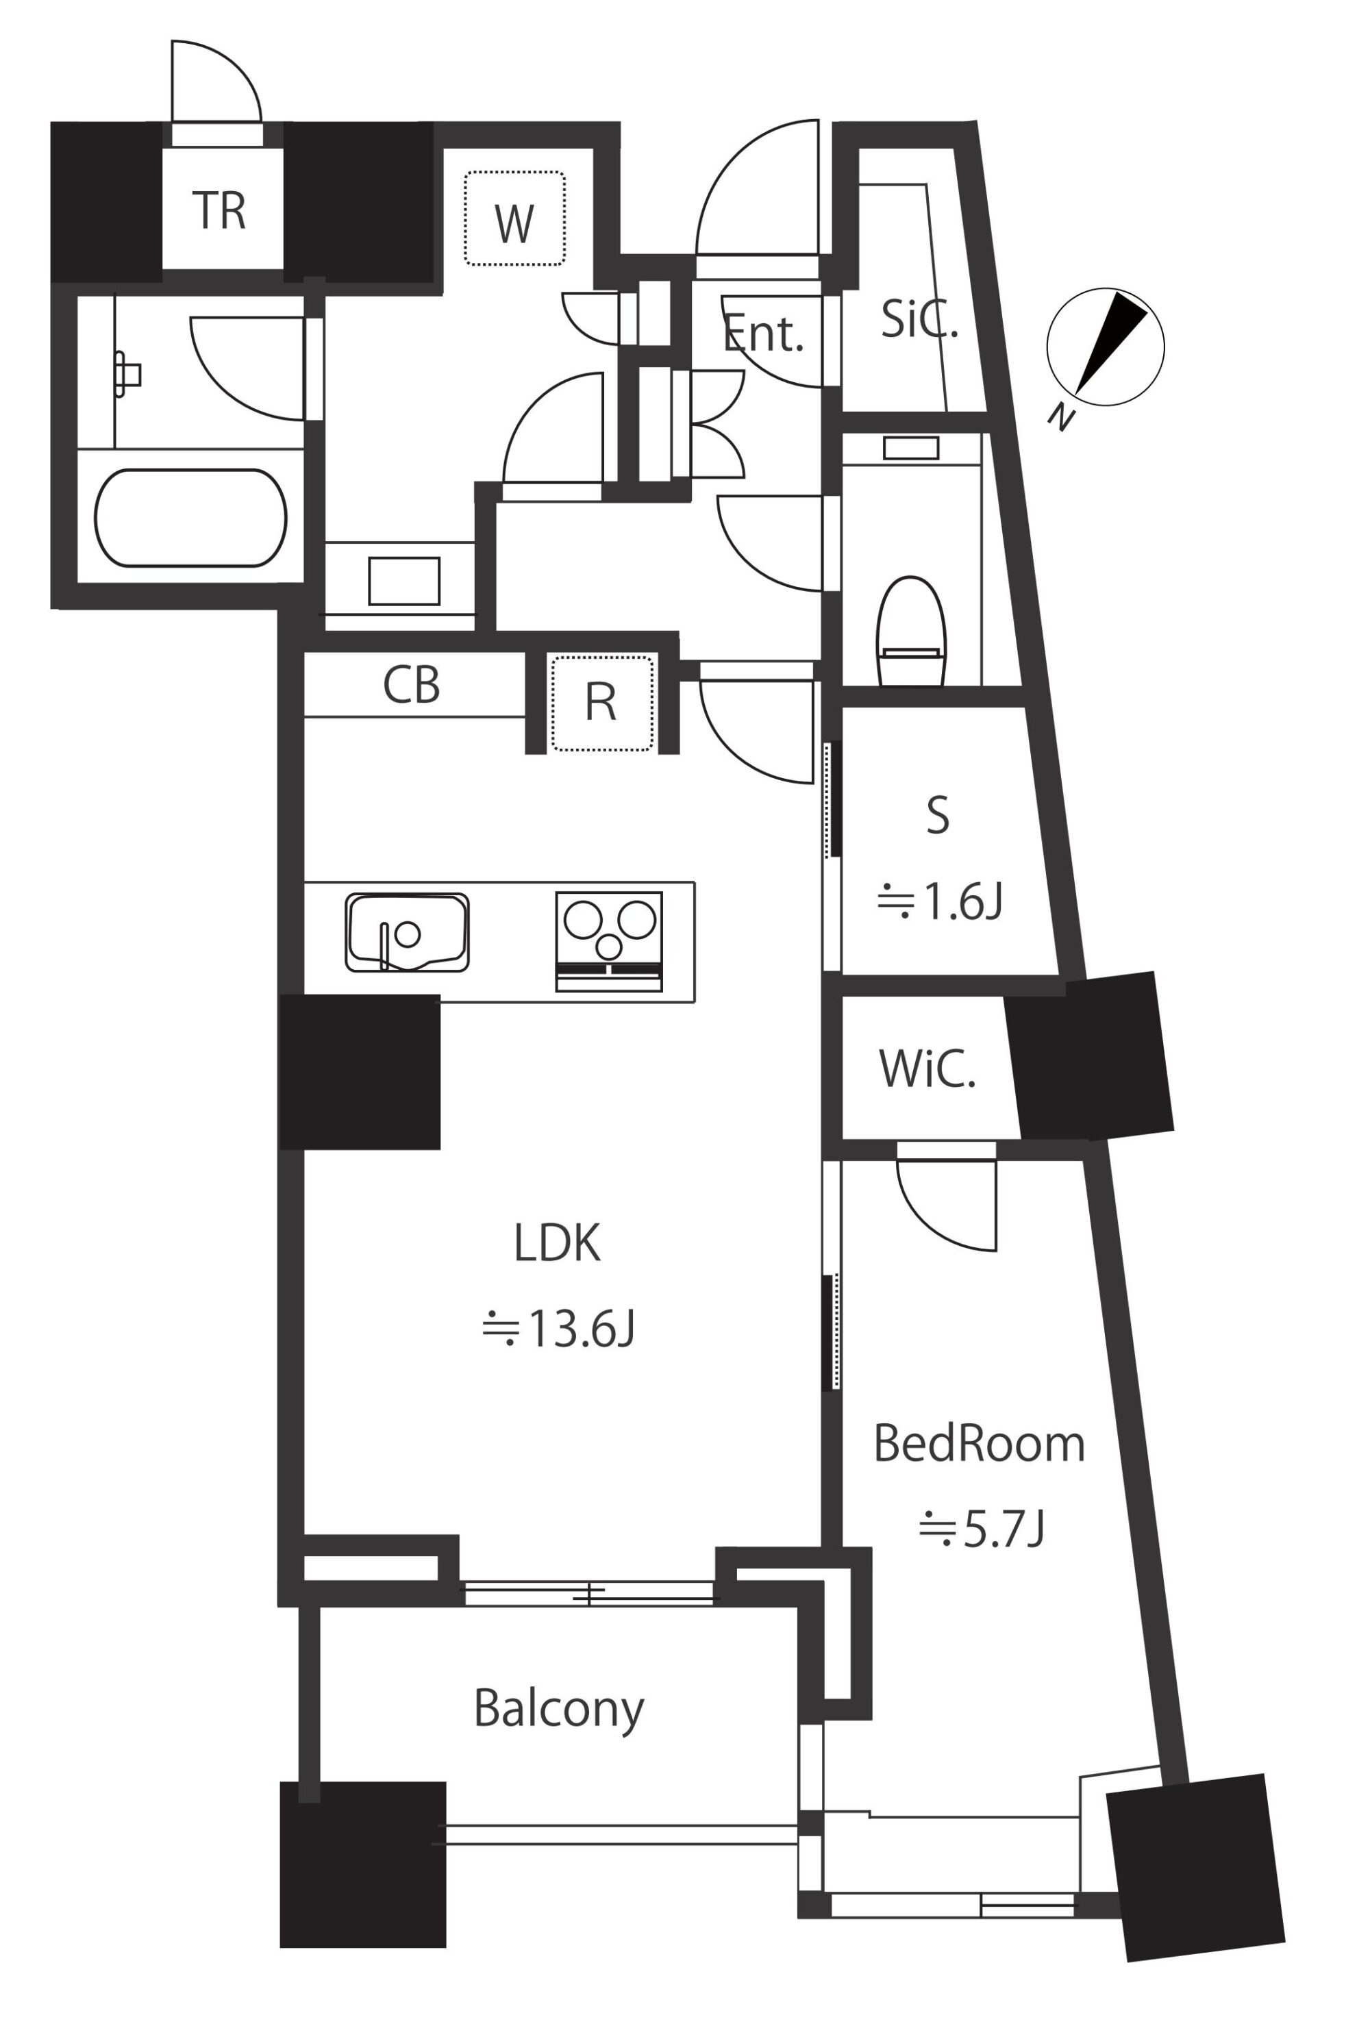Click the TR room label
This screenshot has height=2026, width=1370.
(219, 210)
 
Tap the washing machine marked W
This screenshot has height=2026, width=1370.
(514, 218)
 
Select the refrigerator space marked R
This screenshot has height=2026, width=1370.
(601, 703)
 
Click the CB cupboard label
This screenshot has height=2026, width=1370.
(412, 685)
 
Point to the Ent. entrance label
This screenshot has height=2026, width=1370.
(763, 334)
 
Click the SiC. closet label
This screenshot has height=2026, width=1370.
(919, 319)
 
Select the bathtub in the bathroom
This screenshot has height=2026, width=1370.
(190, 518)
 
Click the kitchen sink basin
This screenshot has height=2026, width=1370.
(408, 933)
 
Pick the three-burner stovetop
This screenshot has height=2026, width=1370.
(609, 942)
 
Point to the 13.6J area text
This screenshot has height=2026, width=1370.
(558, 1329)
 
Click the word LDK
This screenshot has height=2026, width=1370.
(557, 1243)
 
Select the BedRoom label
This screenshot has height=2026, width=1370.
(978, 1444)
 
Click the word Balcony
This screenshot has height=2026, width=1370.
(559, 1710)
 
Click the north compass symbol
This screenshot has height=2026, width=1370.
(1104, 348)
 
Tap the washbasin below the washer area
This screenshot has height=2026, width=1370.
(403, 581)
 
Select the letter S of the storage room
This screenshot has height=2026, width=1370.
(938, 816)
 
